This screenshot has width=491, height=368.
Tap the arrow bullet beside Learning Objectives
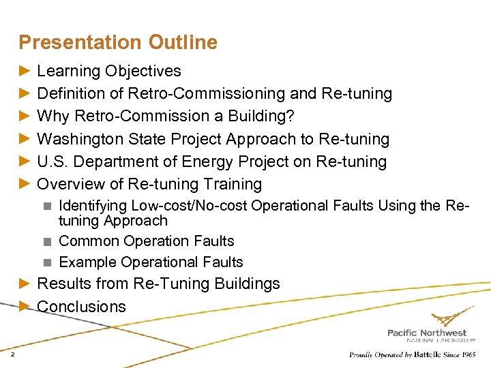(25, 71)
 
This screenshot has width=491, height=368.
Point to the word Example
(87, 262)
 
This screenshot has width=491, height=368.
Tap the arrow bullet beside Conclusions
(25, 307)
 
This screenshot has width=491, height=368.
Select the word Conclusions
(81, 307)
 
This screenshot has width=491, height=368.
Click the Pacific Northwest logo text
(427, 333)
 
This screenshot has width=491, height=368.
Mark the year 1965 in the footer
(467, 355)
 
